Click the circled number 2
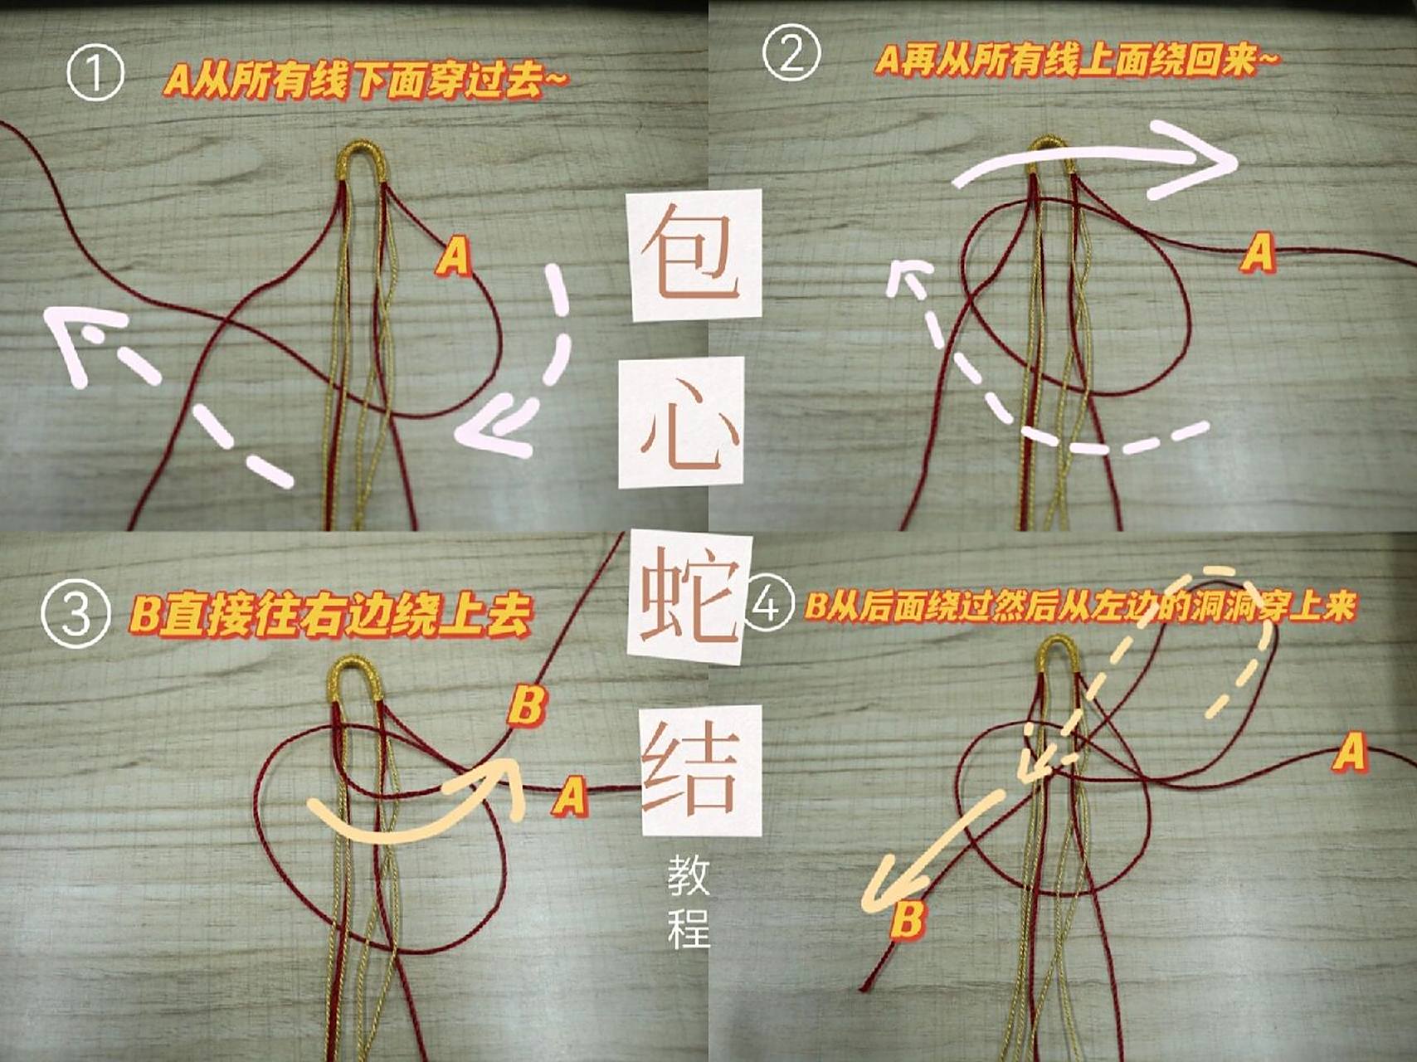click(791, 53)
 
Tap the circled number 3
click(75, 615)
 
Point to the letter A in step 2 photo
click(1258, 251)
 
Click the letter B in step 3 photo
click(527, 705)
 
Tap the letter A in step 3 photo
click(570, 796)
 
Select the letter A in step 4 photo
click(1350, 753)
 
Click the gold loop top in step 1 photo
click(363, 153)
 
